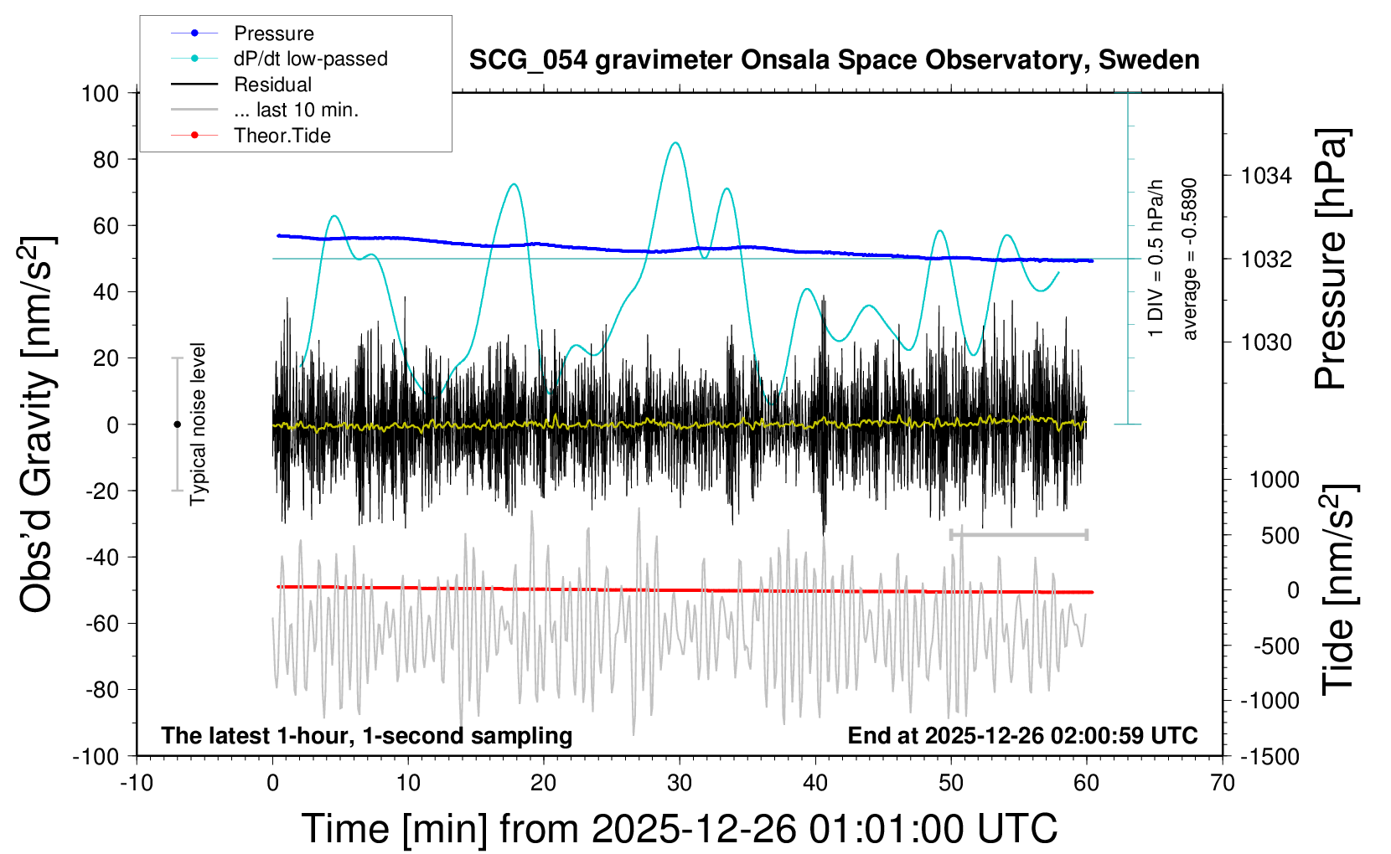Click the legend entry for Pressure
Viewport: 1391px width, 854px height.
click(x=273, y=33)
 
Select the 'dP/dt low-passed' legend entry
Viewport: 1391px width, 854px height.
click(x=310, y=59)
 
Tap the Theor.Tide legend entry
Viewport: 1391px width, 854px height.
click(x=282, y=136)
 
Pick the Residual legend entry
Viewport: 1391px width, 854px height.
click(x=272, y=85)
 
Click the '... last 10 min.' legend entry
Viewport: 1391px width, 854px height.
click(x=296, y=110)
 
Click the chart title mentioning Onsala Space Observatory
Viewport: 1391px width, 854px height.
click(x=834, y=60)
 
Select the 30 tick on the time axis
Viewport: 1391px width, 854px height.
click(x=680, y=784)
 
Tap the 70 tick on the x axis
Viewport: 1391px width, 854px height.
click(x=1223, y=784)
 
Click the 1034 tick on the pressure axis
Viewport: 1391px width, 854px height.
click(x=1266, y=176)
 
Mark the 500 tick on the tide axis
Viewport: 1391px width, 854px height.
click(x=1280, y=536)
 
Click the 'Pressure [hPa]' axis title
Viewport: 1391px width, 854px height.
click(x=1331, y=259)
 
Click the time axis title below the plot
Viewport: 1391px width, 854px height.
click(x=679, y=829)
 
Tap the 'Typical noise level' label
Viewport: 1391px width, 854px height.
click(x=198, y=424)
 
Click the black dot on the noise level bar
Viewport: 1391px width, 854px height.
click(x=177, y=424)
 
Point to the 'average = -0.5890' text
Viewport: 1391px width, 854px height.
click(x=1189, y=259)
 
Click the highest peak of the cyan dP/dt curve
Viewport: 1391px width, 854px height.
click(x=675, y=142)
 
